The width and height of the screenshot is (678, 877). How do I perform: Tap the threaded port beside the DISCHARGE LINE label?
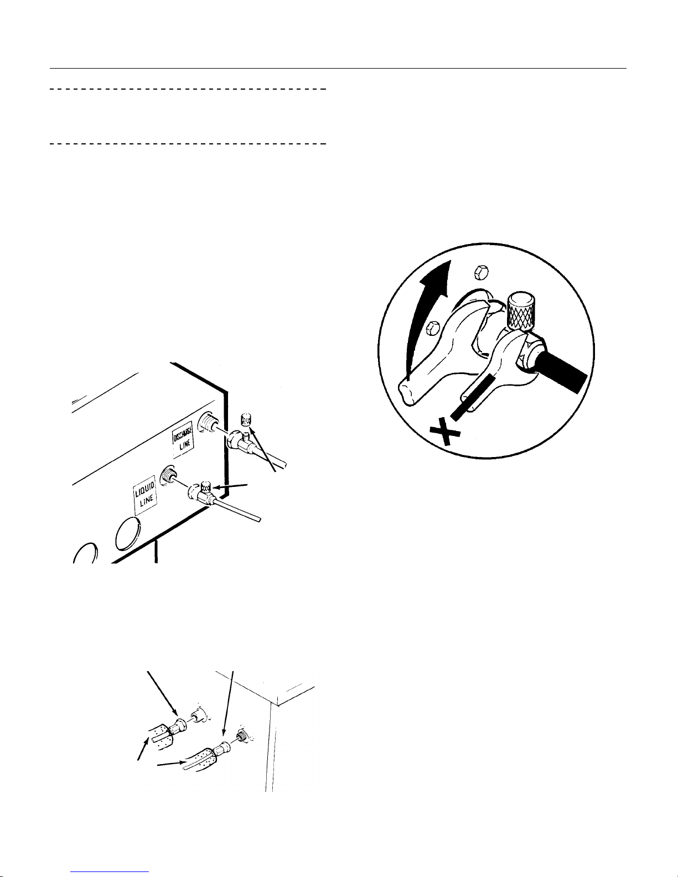point(208,423)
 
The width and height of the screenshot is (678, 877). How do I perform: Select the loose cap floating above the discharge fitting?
point(246,419)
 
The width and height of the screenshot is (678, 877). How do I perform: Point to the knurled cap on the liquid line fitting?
point(206,487)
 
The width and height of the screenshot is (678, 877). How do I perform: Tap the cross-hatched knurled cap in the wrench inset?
point(520,310)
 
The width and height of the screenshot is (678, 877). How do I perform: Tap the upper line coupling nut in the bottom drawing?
point(179,727)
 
